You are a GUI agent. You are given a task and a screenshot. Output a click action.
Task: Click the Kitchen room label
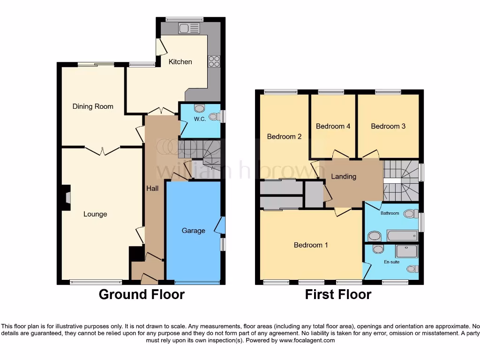(180, 61)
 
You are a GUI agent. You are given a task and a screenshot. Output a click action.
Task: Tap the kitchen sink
(189, 29)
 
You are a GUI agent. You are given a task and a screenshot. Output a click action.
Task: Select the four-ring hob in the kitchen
(214, 61)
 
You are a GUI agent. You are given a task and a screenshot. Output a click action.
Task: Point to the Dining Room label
(93, 106)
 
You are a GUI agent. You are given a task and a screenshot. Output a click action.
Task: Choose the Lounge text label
(95, 214)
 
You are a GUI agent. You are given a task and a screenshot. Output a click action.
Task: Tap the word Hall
(152, 188)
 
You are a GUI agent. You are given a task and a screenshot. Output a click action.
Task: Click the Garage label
(193, 231)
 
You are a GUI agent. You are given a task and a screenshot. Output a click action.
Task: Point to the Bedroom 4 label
(333, 126)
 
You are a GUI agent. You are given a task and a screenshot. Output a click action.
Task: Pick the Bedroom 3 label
(388, 126)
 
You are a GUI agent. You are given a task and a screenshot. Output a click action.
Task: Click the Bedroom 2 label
(284, 137)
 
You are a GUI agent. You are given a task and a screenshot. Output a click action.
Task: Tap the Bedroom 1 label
(311, 245)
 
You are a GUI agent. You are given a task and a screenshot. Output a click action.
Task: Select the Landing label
(344, 177)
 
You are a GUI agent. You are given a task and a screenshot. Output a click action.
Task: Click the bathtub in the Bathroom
(401, 235)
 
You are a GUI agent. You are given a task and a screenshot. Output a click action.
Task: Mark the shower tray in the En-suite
(406, 252)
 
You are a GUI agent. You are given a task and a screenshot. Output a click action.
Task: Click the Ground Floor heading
(142, 294)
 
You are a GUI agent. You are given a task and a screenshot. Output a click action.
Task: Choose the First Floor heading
(338, 294)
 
